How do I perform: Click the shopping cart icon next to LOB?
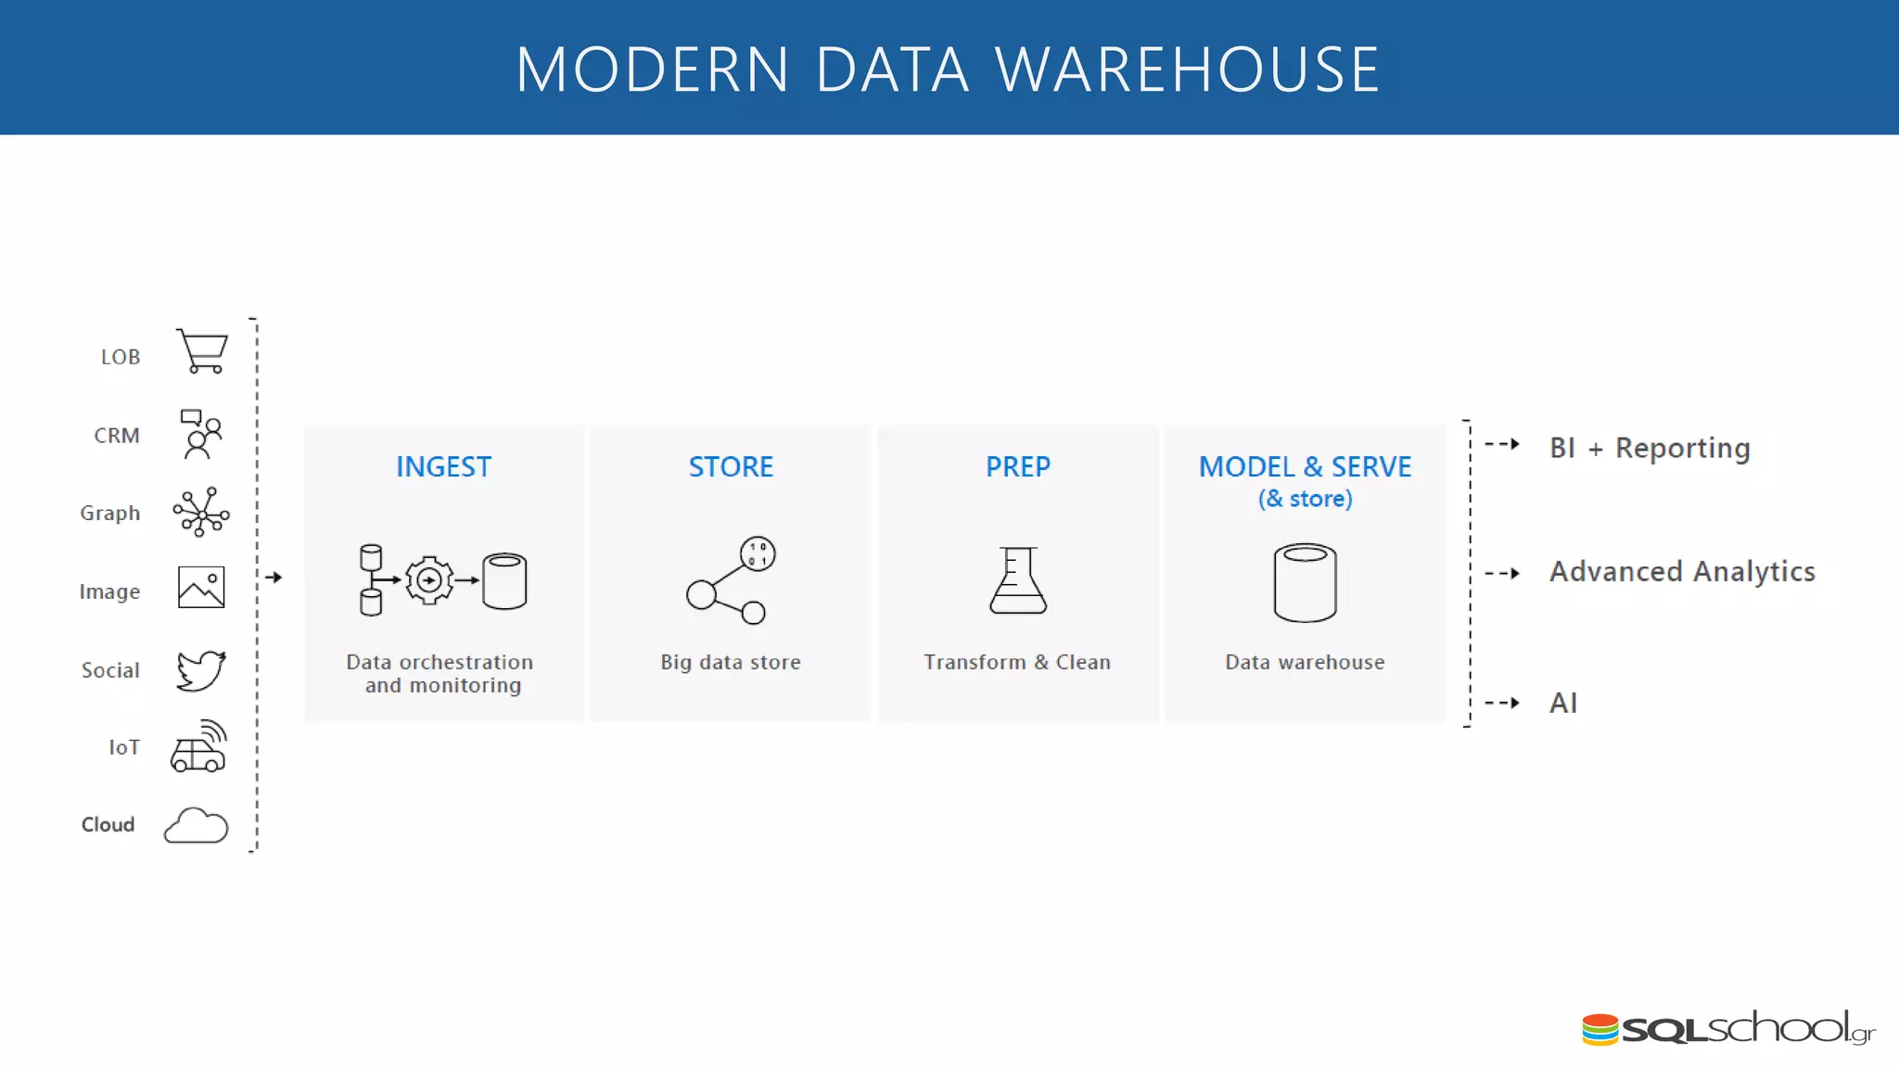[202, 351]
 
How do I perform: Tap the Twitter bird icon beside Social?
[200, 670]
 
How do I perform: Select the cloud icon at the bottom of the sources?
[196, 825]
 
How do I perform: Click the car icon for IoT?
[198, 747]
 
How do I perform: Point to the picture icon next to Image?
[201, 588]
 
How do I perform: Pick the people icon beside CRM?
[201, 434]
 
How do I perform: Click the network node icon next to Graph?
[201, 512]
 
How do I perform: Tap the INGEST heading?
[443, 466]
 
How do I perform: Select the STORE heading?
[731, 466]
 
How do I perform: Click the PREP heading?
[1017, 466]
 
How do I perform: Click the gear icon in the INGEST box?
[429, 580]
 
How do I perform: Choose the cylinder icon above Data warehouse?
[1305, 582]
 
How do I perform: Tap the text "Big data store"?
[731, 662]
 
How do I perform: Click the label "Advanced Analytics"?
[1682, 572]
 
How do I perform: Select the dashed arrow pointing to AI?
[1502, 703]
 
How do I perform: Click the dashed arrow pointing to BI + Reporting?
[1502, 444]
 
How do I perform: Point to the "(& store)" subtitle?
[1305, 499]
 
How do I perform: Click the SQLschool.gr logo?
[1727, 1028]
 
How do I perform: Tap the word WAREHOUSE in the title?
[1188, 70]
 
